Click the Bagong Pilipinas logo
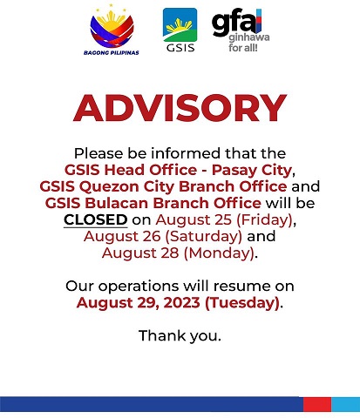tap(112, 30)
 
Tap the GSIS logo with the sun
tap(180, 30)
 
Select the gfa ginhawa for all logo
tap(241, 30)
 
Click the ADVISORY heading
tap(180, 108)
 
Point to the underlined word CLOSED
tap(96, 219)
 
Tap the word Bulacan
tap(117, 203)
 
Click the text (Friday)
tap(265, 220)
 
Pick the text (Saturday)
tap(203, 237)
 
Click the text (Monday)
tap(219, 253)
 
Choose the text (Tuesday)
tap(242, 303)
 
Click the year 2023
tap(182, 303)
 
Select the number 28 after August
tap(170, 253)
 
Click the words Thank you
tap(180, 336)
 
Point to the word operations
tap(139, 287)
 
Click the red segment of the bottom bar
tap(317, 404)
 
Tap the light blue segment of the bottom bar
tap(346, 404)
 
